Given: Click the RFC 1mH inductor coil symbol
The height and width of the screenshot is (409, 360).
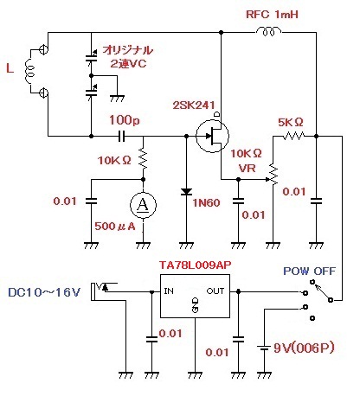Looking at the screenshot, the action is point(269,31).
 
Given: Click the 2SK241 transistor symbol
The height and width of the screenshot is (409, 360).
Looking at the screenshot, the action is point(213,136).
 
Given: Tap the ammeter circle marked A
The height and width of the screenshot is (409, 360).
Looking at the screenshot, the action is point(143,205).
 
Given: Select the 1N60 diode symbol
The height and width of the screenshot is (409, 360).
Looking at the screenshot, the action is point(186,191).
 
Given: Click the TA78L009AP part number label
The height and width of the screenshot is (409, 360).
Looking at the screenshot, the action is point(196,265).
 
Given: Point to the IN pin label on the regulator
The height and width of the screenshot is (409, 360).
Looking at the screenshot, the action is point(169,291).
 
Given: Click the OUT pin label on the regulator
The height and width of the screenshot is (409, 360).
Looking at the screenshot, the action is point(215,291).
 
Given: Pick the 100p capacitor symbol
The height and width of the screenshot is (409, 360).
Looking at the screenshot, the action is point(122,136).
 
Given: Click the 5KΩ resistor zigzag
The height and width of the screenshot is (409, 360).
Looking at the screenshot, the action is point(293,136).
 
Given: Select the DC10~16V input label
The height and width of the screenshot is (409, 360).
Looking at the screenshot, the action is point(44,292).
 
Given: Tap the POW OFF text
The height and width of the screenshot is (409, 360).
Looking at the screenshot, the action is point(310,271).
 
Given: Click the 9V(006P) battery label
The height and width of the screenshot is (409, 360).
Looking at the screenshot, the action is point(304,348).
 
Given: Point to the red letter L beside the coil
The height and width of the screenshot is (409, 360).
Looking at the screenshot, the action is point(10,68).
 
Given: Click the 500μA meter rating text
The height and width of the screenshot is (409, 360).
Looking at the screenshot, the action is point(115,227).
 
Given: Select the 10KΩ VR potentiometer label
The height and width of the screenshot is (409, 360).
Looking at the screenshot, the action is point(247,161).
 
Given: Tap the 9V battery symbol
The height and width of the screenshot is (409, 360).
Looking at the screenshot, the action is point(264,348).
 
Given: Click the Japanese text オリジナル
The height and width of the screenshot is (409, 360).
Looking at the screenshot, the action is point(128,50).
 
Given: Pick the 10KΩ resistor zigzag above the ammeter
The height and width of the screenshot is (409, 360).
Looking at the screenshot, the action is point(143,157).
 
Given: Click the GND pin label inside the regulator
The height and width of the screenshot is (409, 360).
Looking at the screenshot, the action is point(196,305).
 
